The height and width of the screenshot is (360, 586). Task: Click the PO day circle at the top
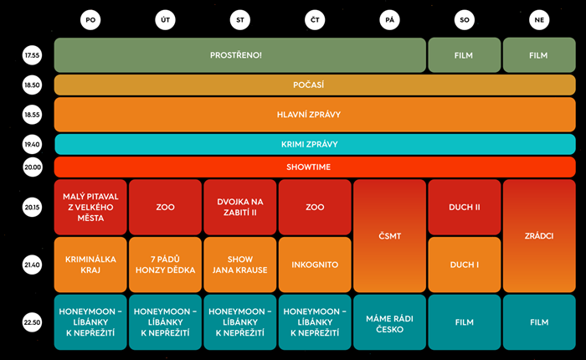91,21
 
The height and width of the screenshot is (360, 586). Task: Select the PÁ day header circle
389,21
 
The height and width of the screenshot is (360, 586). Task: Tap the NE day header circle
538,21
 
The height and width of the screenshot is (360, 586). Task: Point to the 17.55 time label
33,56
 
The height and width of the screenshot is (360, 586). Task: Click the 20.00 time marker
33,167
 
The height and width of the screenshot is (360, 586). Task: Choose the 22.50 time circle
33,322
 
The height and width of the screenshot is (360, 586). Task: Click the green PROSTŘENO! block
239,55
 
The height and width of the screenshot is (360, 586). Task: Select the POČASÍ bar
315,85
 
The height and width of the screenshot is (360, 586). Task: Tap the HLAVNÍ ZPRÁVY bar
315,115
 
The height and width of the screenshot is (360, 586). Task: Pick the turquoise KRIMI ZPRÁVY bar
315,144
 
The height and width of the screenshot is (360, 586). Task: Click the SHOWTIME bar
315,167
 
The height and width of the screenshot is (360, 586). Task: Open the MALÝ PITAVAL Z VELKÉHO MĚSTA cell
91,207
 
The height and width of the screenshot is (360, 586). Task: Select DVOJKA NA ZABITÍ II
239,207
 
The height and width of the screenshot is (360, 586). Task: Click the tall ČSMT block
389,235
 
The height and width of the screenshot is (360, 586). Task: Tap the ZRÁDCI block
538,235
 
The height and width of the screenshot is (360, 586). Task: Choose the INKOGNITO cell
315,265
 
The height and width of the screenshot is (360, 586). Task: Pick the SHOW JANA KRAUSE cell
239,265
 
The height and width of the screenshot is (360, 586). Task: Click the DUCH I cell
464,265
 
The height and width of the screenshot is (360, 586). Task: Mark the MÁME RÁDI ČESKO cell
389,322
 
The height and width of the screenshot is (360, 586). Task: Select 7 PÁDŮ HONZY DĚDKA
165,265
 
